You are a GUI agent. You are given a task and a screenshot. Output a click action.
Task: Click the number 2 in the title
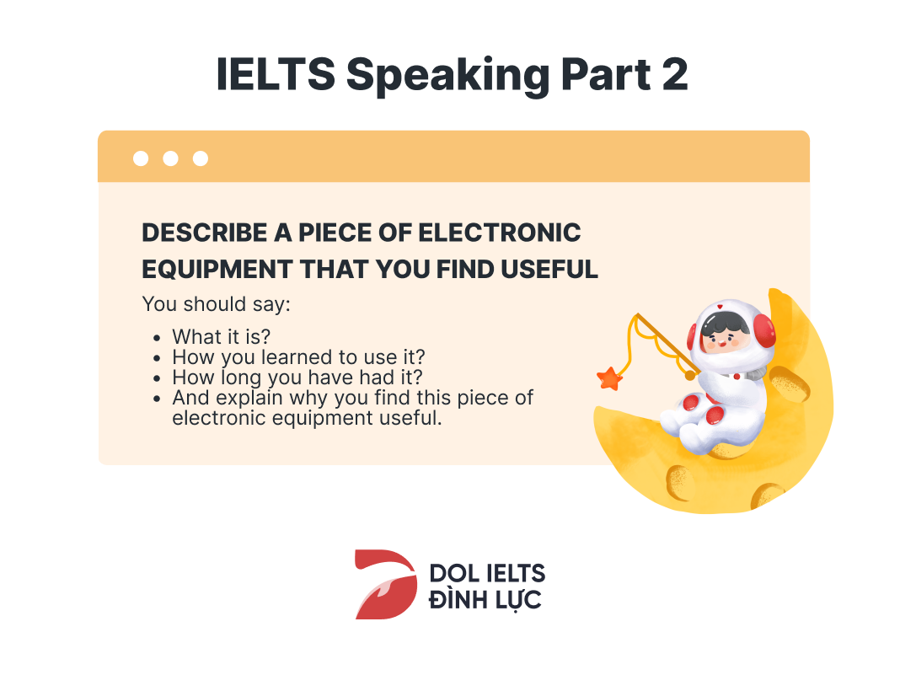pos(674,75)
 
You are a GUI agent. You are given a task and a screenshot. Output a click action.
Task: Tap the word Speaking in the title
pos(447,77)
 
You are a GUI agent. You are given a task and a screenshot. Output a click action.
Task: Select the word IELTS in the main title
pos(276,75)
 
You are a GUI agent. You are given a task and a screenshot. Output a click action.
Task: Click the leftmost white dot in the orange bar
pos(141,158)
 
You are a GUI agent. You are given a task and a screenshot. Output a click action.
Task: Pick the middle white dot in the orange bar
pos(170,158)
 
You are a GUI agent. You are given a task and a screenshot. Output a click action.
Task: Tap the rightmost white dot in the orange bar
pos(201,158)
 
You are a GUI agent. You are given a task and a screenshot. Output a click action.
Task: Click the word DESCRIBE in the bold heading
pos(205,233)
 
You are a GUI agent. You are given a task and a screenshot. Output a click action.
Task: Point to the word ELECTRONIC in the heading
pos(500,233)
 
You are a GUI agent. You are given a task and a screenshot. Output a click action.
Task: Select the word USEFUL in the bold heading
pos(549,269)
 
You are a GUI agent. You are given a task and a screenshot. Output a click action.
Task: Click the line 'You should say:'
pos(217,304)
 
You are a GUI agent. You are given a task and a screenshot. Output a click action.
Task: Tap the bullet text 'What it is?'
pos(222,336)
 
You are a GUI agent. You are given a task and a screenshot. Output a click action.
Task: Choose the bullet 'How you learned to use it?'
pos(299,357)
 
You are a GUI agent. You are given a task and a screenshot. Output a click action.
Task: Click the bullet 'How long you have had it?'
pos(297,377)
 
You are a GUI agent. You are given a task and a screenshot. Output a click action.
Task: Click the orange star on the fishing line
pos(609,379)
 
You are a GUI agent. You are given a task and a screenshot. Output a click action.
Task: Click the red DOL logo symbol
pos(386,584)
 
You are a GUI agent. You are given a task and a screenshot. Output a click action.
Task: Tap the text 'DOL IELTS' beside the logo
pos(487,573)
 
